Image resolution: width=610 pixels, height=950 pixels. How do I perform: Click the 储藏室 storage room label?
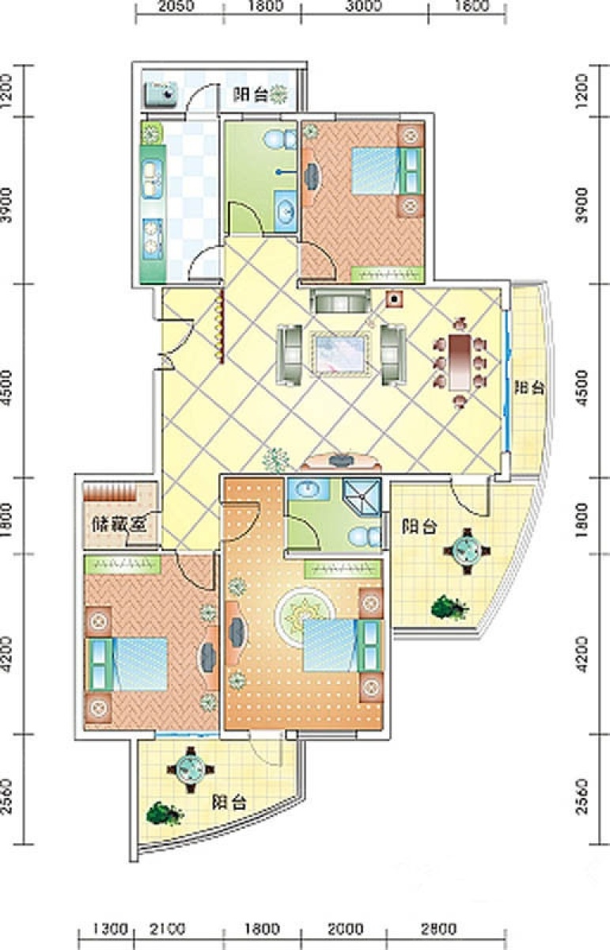(119, 525)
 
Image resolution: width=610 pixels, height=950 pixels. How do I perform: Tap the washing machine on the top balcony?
(161, 94)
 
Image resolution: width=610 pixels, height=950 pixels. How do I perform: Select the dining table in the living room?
(460, 363)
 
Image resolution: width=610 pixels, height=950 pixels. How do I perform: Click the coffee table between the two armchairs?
(341, 354)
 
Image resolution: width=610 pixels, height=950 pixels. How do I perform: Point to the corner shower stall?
(362, 496)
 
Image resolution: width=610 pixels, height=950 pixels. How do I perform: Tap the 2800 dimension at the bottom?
(438, 928)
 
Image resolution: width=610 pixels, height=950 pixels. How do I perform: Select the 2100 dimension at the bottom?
(168, 928)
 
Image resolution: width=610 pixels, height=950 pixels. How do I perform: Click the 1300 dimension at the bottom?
(110, 928)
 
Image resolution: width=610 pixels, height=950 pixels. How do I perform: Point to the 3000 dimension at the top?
(364, 6)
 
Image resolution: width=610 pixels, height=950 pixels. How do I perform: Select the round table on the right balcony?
(467, 551)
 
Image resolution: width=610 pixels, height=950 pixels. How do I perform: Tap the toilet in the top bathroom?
(280, 139)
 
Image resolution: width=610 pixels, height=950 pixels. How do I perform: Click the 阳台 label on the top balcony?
(251, 94)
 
